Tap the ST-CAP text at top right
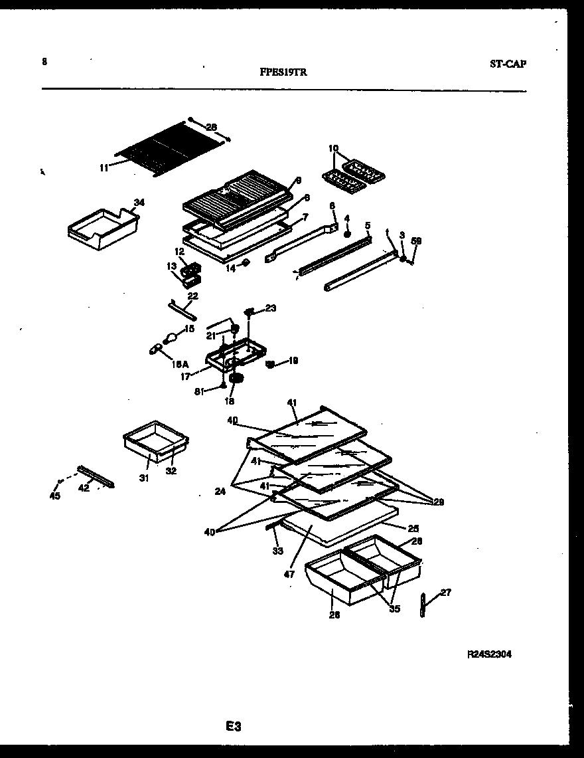click(x=508, y=64)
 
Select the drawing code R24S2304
click(x=490, y=654)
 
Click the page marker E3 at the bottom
click(x=232, y=727)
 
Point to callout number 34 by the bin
click(x=138, y=202)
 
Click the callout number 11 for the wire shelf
click(x=104, y=169)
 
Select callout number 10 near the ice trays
click(x=333, y=148)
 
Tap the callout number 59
click(x=417, y=241)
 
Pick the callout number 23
click(x=271, y=308)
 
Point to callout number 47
click(x=289, y=574)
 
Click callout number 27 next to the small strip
click(x=445, y=592)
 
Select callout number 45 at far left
click(x=55, y=496)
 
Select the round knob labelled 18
click(x=234, y=379)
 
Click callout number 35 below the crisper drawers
click(x=394, y=609)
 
